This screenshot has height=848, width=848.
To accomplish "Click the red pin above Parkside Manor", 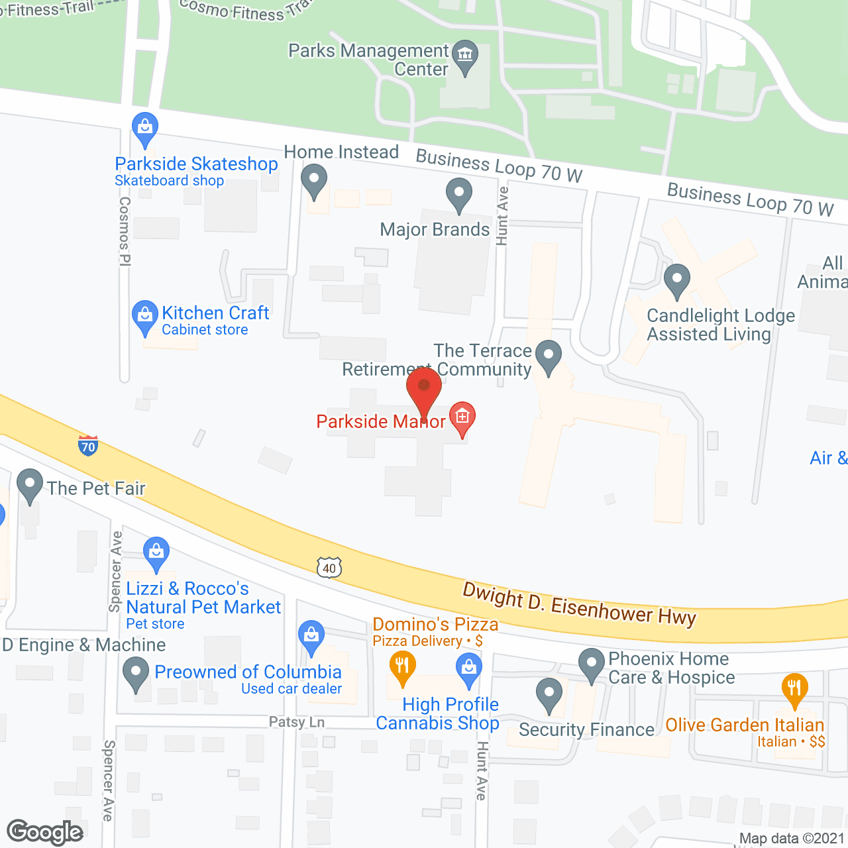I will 423,388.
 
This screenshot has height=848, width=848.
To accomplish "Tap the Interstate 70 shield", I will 87,446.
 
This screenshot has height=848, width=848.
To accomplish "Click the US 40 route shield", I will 329,568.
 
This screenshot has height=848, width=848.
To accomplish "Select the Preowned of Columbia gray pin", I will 136,672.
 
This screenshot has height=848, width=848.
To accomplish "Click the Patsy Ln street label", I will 297,721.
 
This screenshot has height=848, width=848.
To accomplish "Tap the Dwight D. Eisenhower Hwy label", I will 579,604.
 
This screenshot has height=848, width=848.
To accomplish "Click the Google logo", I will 45,832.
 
